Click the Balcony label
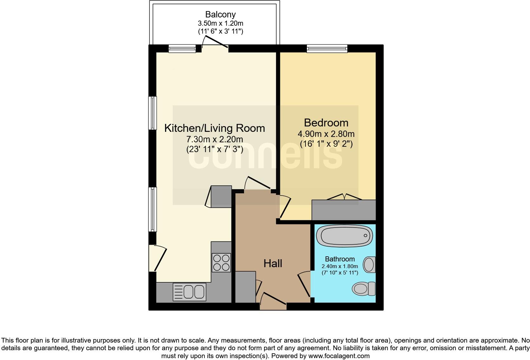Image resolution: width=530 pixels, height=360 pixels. pyautogui.click(x=220, y=15)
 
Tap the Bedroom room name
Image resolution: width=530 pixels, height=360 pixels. pyautogui.click(x=326, y=123)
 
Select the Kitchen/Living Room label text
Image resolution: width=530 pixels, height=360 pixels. pyautogui.click(x=215, y=128)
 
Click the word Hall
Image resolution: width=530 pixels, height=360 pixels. pyautogui.click(x=273, y=263)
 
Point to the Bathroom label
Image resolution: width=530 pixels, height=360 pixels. pyautogui.click(x=340, y=259)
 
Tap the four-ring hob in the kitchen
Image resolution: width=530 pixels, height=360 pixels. pyautogui.click(x=221, y=263)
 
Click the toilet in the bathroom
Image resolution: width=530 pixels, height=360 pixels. pyautogui.click(x=364, y=289)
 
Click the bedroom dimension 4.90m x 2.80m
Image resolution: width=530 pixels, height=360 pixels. pyautogui.click(x=326, y=134)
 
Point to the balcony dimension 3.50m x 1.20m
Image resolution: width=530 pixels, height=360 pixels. pyautogui.click(x=220, y=23)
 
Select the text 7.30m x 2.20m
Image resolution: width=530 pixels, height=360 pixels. pyautogui.click(x=215, y=139)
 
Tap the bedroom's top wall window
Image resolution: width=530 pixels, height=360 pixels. pyautogui.click(x=327, y=48)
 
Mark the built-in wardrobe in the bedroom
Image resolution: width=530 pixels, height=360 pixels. pyautogui.click(x=344, y=210)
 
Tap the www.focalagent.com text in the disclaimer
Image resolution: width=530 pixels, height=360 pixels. pyautogui.click(x=339, y=356)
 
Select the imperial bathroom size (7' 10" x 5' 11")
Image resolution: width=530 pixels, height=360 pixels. pyautogui.click(x=340, y=273)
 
